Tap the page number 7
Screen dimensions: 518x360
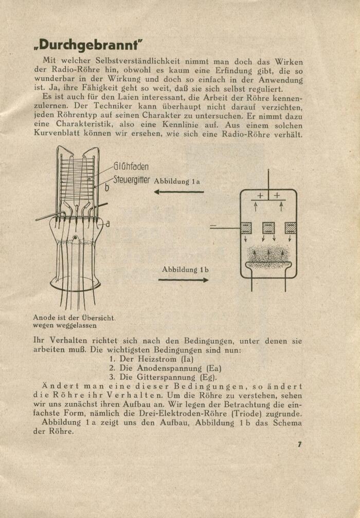click(299, 445)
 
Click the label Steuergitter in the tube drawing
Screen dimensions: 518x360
click(132, 180)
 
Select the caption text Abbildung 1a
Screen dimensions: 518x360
click(177, 181)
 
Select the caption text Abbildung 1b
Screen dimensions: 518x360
click(185, 269)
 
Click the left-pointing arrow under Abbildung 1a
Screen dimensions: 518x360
click(179, 192)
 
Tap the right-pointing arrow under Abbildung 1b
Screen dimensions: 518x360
click(184, 280)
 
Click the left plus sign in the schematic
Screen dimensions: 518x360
click(260, 195)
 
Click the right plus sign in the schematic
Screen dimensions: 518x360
click(277, 195)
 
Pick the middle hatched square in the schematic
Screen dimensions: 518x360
click(268, 228)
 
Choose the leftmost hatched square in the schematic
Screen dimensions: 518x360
click(246, 228)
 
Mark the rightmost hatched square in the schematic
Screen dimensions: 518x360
click(291, 228)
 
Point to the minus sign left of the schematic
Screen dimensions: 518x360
click(213, 226)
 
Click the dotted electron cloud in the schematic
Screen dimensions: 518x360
click(268, 254)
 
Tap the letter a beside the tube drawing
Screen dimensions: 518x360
click(107, 224)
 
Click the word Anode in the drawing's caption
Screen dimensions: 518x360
click(45, 318)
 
